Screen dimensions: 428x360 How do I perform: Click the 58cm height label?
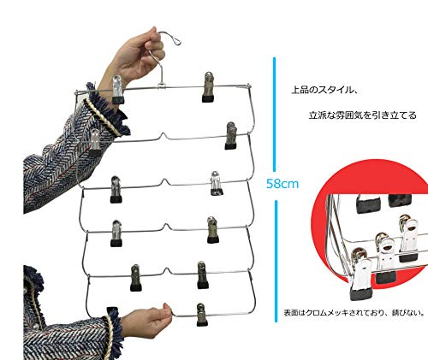coord(282,184)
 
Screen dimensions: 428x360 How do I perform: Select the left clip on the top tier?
coord(118,90)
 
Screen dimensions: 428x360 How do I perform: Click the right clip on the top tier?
coord(209,87)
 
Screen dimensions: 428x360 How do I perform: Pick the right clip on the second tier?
coord(231,136)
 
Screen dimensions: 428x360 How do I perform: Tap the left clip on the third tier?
coord(116,190)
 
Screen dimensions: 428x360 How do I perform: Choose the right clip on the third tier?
coord(217,183)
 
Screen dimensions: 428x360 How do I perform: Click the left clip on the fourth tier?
coord(116,233)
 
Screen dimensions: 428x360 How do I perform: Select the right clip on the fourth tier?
coord(212,230)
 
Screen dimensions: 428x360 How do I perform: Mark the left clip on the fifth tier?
coord(136,278)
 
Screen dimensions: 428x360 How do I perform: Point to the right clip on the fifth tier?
coord(203,274)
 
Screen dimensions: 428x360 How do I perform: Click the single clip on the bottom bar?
coord(202,315)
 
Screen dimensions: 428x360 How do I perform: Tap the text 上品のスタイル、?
coord(324,90)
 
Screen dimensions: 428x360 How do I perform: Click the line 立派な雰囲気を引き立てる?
coord(363,115)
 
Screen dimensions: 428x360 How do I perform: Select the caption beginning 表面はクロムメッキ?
coord(354,313)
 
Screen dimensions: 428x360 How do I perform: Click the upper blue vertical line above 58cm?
coord(275,115)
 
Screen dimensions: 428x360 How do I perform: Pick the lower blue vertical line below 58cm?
coord(276,261)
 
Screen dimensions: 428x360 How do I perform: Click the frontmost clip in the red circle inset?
coord(361,275)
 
